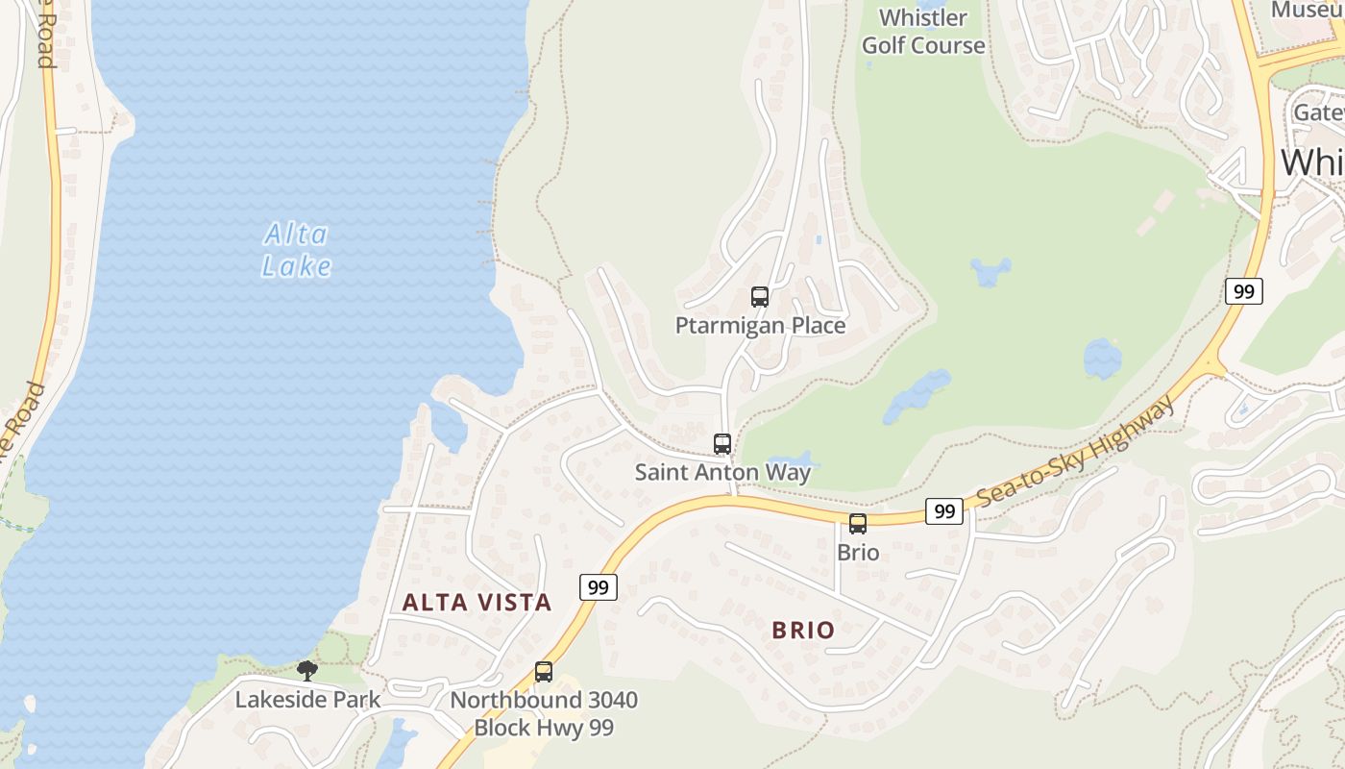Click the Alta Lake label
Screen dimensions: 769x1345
(x=297, y=250)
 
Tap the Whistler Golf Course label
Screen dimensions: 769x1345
(x=923, y=32)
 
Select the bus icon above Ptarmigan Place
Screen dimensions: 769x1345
(x=760, y=297)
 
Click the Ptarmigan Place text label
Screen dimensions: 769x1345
(x=760, y=326)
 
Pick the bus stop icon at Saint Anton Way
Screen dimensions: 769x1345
(x=722, y=444)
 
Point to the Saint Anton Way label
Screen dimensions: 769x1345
(x=722, y=473)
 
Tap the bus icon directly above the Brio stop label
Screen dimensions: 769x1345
(x=858, y=524)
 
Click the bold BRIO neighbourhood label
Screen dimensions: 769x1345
(x=803, y=631)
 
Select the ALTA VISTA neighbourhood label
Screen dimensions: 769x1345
(x=477, y=603)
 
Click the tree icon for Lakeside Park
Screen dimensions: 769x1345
(x=307, y=670)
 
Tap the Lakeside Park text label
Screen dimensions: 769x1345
(x=307, y=700)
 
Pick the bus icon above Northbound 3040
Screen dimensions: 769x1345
(x=544, y=672)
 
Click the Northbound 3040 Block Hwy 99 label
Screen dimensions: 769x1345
(x=544, y=714)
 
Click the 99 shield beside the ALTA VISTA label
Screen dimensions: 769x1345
(x=598, y=587)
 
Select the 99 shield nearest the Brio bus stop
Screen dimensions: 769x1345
(x=944, y=511)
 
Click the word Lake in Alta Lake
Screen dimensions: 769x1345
(x=297, y=266)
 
